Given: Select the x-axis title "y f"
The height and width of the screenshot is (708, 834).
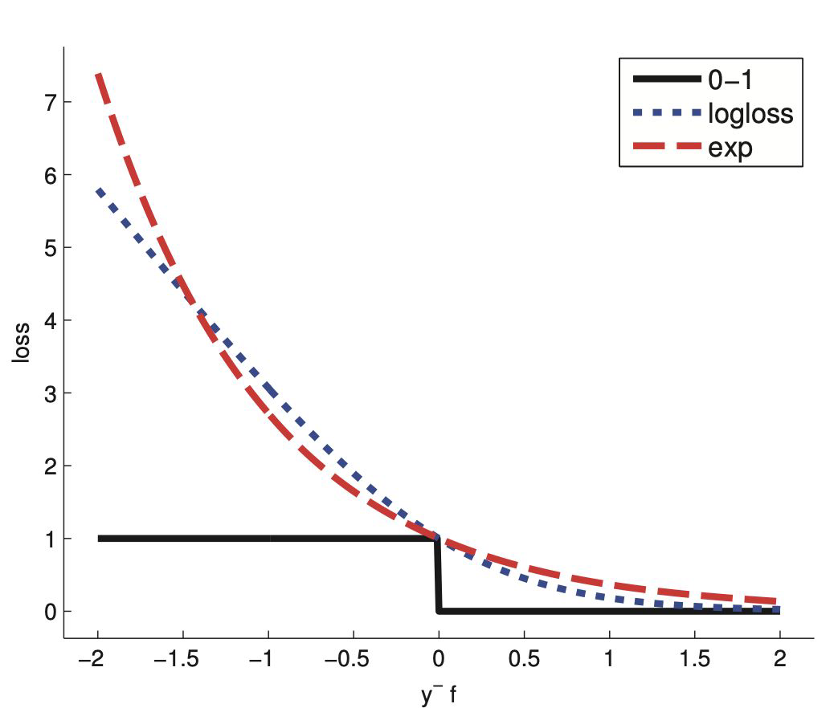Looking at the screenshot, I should (x=438, y=694).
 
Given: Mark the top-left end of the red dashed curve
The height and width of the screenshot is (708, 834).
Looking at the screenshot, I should (x=98, y=75).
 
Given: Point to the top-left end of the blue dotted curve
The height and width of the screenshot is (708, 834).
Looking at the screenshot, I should (x=98, y=191).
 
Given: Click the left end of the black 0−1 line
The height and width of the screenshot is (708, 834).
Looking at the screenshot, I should (x=100, y=539).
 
